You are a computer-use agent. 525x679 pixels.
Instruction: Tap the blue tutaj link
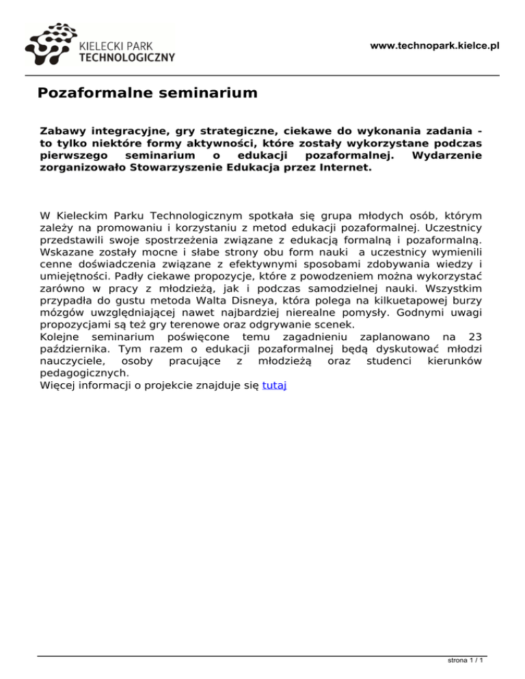point(274,386)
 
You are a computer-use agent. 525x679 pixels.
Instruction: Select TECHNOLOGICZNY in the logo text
point(127,57)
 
